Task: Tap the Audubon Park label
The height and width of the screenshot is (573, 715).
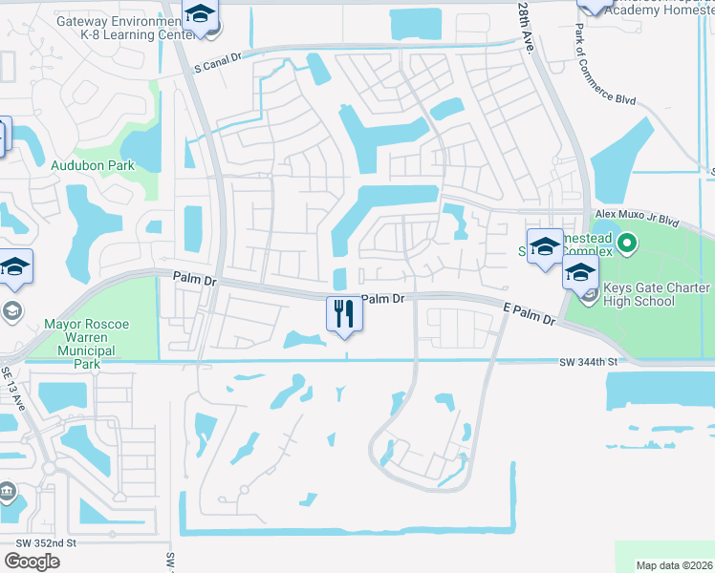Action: [x=93, y=165]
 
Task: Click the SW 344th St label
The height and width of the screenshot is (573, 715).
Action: [x=589, y=363]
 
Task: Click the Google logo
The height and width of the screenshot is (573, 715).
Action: [x=32, y=562]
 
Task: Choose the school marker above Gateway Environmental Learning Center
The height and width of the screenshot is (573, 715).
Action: [x=200, y=14]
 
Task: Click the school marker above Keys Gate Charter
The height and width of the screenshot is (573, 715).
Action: [x=580, y=272]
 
